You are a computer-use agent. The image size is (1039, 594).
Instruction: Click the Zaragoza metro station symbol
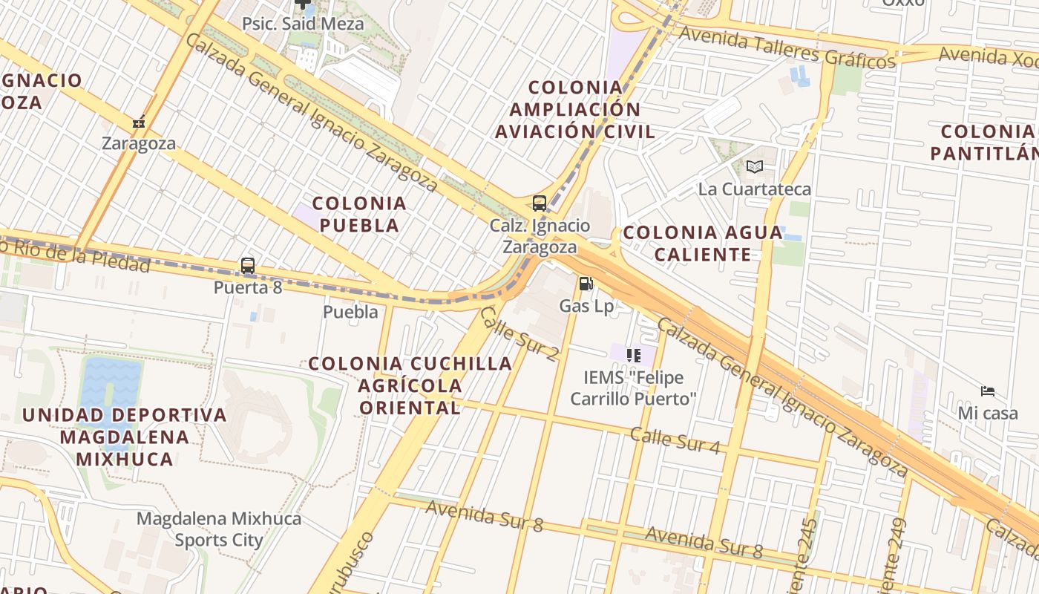pyautogui.click(x=139, y=123)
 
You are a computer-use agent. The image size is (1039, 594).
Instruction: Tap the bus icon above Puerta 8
pyautogui.click(x=248, y=265)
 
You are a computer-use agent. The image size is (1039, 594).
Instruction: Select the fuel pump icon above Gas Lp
pyautogui.click(x=586, y=284)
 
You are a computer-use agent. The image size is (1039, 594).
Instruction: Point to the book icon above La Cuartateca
pyautogui.click(x=755, y=167)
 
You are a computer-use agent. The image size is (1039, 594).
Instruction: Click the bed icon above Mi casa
pyautogui.click(x=988, y=391)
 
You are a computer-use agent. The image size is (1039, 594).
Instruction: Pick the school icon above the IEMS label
pyautogui.click(x=633, y=356)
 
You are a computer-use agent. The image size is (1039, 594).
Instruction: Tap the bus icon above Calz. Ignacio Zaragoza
pyautogui.click(x=540, y=203)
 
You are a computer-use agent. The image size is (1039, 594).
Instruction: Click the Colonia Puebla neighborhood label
pyautogui.click(x=360, y=214)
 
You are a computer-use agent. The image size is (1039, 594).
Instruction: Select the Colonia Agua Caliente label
pyautogui.click(x=702, y=244)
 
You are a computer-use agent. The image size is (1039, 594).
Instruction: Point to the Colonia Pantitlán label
pyautogui.click(x=988, y=143)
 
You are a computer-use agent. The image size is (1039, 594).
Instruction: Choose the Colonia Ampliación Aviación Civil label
pyautogui.click(x=575, y=110)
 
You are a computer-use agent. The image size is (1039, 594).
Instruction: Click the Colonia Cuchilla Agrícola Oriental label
pyautogui.click(x=410, y=385)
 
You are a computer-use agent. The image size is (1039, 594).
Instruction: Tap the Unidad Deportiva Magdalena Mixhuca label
pyautogui.click(x=124, y=437)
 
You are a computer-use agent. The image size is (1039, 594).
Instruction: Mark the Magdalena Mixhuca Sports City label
pyautogui.click(x=219, y=529)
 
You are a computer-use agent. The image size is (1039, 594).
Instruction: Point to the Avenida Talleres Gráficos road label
pyautogui.click(x=787, y=46)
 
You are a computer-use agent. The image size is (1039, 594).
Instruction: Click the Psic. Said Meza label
pyautogui.click(x=303, y=24)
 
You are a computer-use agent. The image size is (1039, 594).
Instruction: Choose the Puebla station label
pyautogui.click(x=350, y=312)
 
